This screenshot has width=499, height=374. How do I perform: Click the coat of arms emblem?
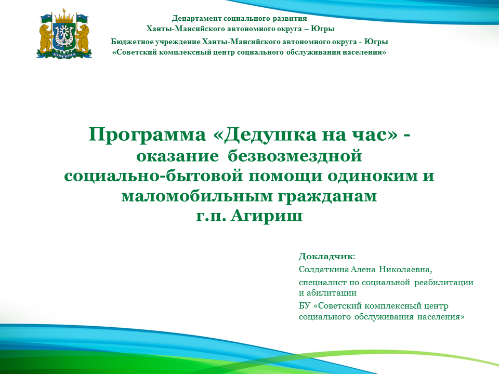tap(64, 34)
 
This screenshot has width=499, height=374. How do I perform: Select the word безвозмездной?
tap(295, 156)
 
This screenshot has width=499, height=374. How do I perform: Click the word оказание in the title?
tap(178, 156)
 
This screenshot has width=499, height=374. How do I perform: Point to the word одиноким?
tap(372, 176)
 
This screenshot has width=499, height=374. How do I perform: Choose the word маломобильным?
tap(197, 196)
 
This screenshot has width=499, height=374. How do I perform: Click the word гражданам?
tap(327, 196)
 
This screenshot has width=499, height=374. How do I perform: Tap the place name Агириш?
tap(266, 216)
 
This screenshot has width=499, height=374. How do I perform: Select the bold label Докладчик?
tap(326, 256)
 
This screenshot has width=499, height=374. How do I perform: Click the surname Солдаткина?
tap(324, 270)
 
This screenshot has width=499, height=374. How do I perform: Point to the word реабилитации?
tap(443, 283)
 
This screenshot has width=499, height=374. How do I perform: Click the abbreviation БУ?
tap(304, 306)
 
